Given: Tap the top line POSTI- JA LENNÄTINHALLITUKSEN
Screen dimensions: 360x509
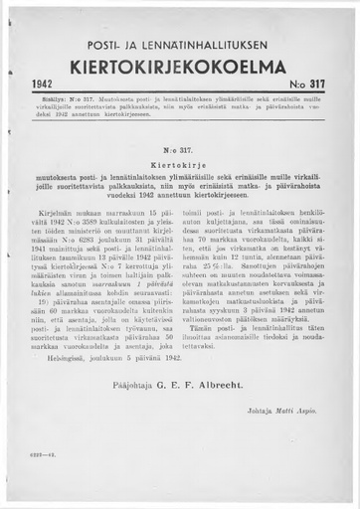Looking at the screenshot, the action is [183, 43].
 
